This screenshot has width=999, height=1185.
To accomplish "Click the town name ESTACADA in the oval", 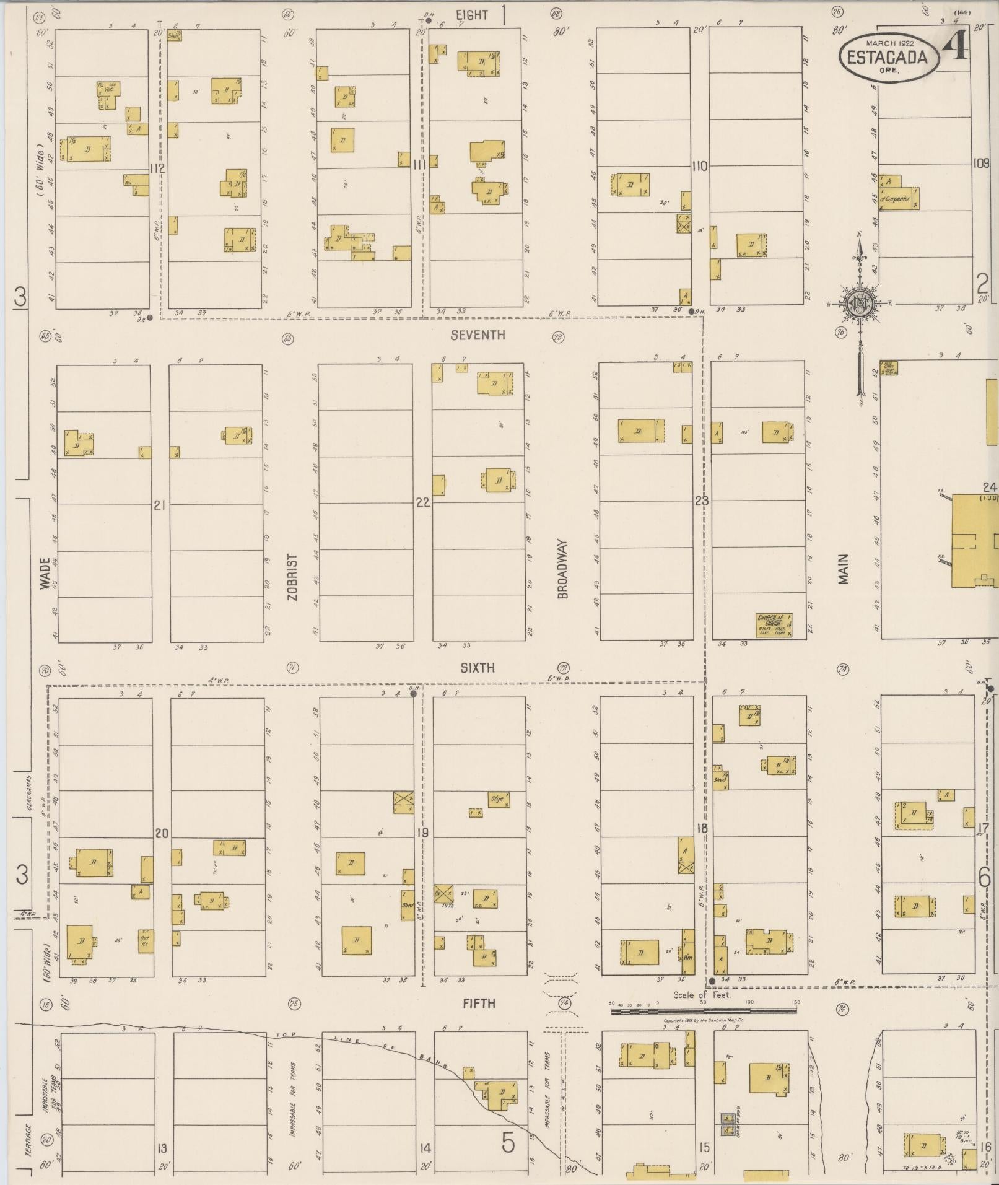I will [887, 58].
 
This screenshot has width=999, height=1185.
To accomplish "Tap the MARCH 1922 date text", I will [890, 43].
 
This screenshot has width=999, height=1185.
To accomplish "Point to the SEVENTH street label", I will [478, 335].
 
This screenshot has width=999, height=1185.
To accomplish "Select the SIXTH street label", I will [478, 667].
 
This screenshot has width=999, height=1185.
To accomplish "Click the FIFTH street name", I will [479, 1003].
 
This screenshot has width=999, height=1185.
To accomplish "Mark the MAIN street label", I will [843, 569].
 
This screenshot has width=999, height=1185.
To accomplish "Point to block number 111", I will [420, 164].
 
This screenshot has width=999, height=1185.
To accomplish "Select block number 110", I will [699, 166].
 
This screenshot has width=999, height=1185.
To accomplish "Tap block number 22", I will [422, 502].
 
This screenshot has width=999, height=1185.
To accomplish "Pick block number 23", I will [700, 501].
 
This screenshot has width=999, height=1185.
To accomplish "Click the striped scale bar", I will [704, 1011].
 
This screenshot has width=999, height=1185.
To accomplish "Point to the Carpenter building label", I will [897, 198].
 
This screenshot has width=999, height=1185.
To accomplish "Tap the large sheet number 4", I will [955, 46].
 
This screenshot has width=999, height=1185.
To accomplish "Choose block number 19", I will [422, 832].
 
